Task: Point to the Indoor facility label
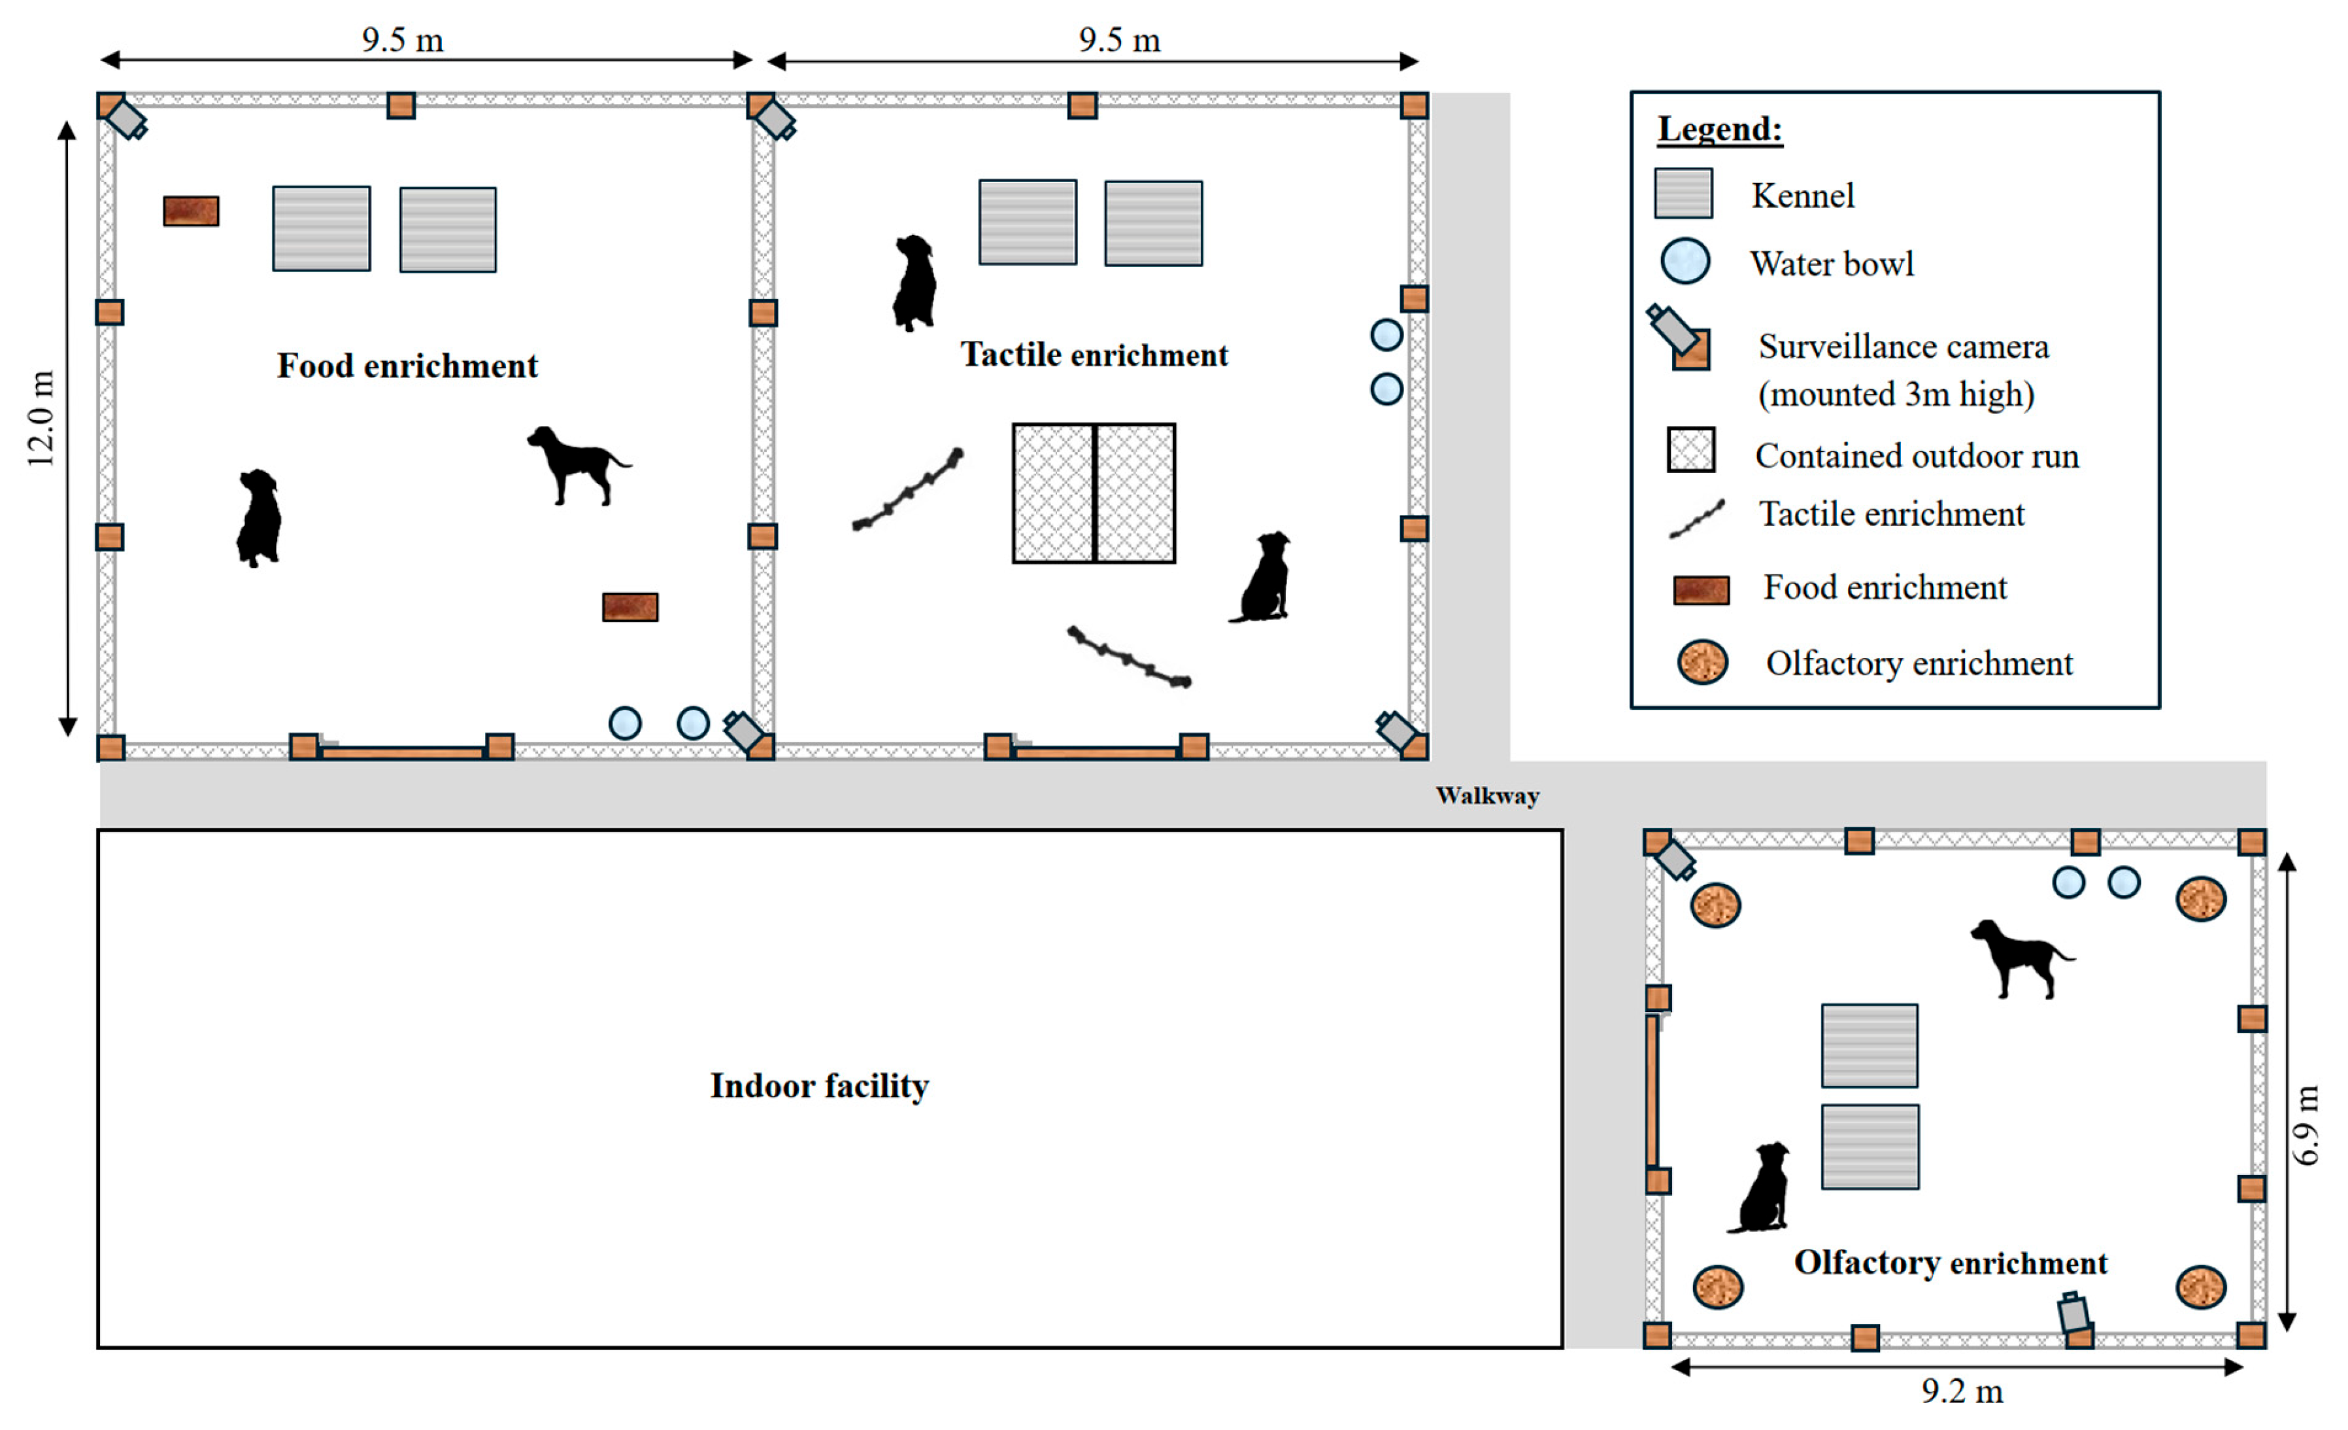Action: point(818,1086)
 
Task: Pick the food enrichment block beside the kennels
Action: point(191,211)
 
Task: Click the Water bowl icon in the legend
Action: point(1684,261)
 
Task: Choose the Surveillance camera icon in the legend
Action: point(1680,338)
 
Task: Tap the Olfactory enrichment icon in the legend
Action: point(1702,661)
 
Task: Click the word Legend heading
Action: point(1719,129)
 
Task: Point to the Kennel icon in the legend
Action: point(1683,194)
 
